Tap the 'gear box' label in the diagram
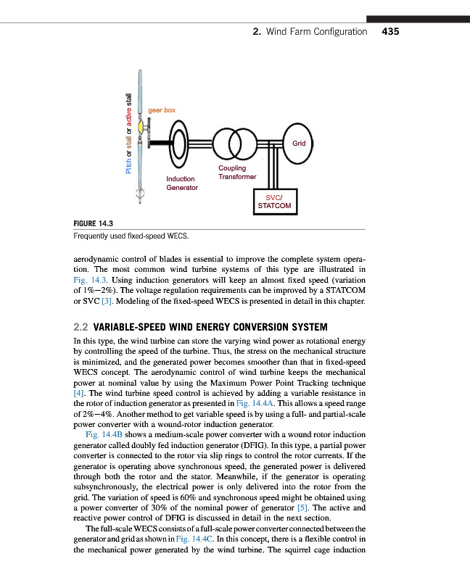tap(162, 110)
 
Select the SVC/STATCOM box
tap(274, 202)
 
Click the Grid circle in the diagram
tap(298, 144)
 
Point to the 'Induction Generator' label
tap(181, 183)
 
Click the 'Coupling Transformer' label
tap(237, 173)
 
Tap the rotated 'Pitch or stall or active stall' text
tap(129, 133)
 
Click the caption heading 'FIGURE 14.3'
tap(95, 223)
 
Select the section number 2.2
tap(83, 326)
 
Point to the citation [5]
tap(286, 507)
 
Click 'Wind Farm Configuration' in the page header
tap(316, 32)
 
